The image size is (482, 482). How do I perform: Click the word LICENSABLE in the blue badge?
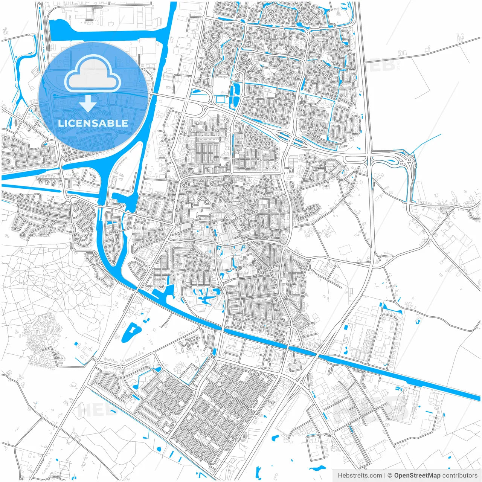point(93,123)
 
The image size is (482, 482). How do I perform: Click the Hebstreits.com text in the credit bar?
point(360,475)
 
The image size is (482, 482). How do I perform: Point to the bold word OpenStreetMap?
point(417,475)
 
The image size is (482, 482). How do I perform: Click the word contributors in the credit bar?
point(460,475)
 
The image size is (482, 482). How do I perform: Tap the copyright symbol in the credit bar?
point(390,475)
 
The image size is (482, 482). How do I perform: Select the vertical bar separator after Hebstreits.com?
point(385,475)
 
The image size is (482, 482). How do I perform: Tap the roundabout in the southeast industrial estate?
point(332,433)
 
